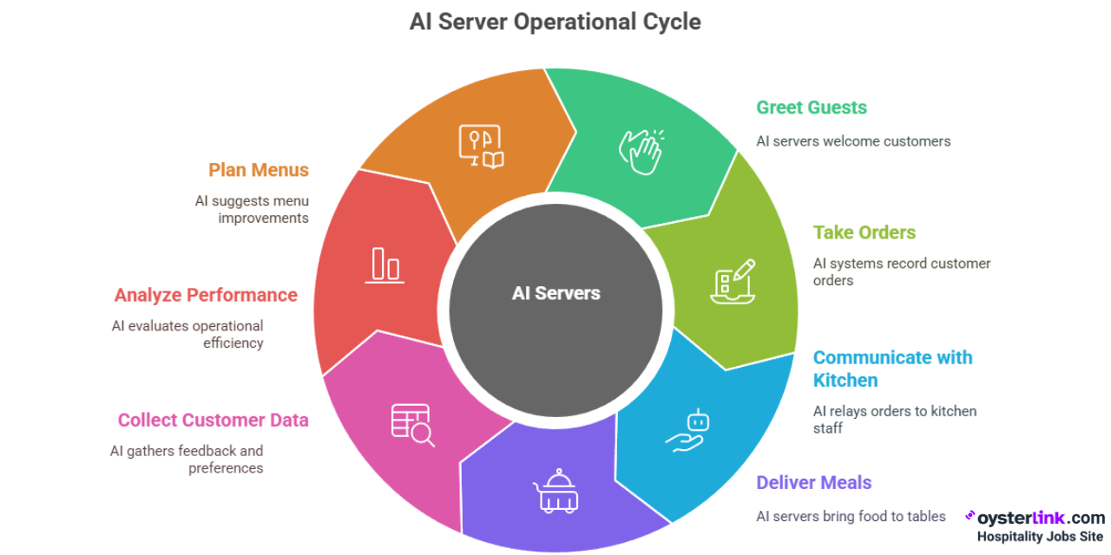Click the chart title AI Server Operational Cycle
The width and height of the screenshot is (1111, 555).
tap(555, 22)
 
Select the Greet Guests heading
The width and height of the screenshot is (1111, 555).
tap(812, 108)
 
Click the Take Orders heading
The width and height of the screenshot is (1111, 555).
tap(864, 232)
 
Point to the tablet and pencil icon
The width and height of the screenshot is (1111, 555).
tap(733, 281)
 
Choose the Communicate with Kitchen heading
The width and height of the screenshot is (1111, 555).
tap(892, 369)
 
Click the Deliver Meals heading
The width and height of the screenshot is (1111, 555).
tap(813, 482)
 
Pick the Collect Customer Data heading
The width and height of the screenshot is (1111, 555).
tap(213, 420)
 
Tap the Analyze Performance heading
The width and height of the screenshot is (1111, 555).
tap(206, 295)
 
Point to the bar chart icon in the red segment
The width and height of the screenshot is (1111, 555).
tap(385, 264)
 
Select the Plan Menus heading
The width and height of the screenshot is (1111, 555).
tap(259, 170)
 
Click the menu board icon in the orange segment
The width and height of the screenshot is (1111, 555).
tap(481, 147)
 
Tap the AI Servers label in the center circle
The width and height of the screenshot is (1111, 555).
tap(555, 293)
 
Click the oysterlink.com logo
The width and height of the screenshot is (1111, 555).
tap(1035, 518)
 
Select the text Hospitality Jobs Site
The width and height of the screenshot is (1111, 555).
tap(1040, 537)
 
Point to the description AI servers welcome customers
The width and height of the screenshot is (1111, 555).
tap(853, 141)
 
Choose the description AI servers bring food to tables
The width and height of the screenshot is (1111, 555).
tap(851, 516)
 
